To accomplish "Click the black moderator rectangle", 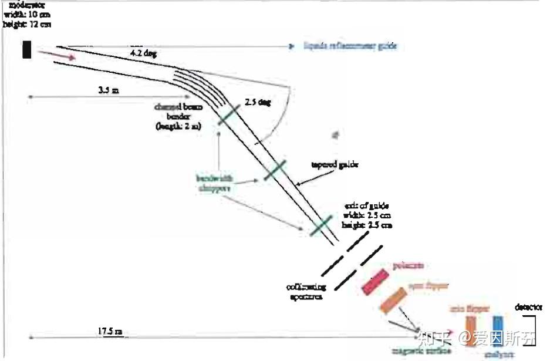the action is pos(26,49).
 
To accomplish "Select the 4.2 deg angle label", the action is pos(144,53).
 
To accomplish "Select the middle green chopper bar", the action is pos(275,170).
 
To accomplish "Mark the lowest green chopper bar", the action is pos(321,225).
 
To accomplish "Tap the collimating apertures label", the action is pos(303,292).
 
